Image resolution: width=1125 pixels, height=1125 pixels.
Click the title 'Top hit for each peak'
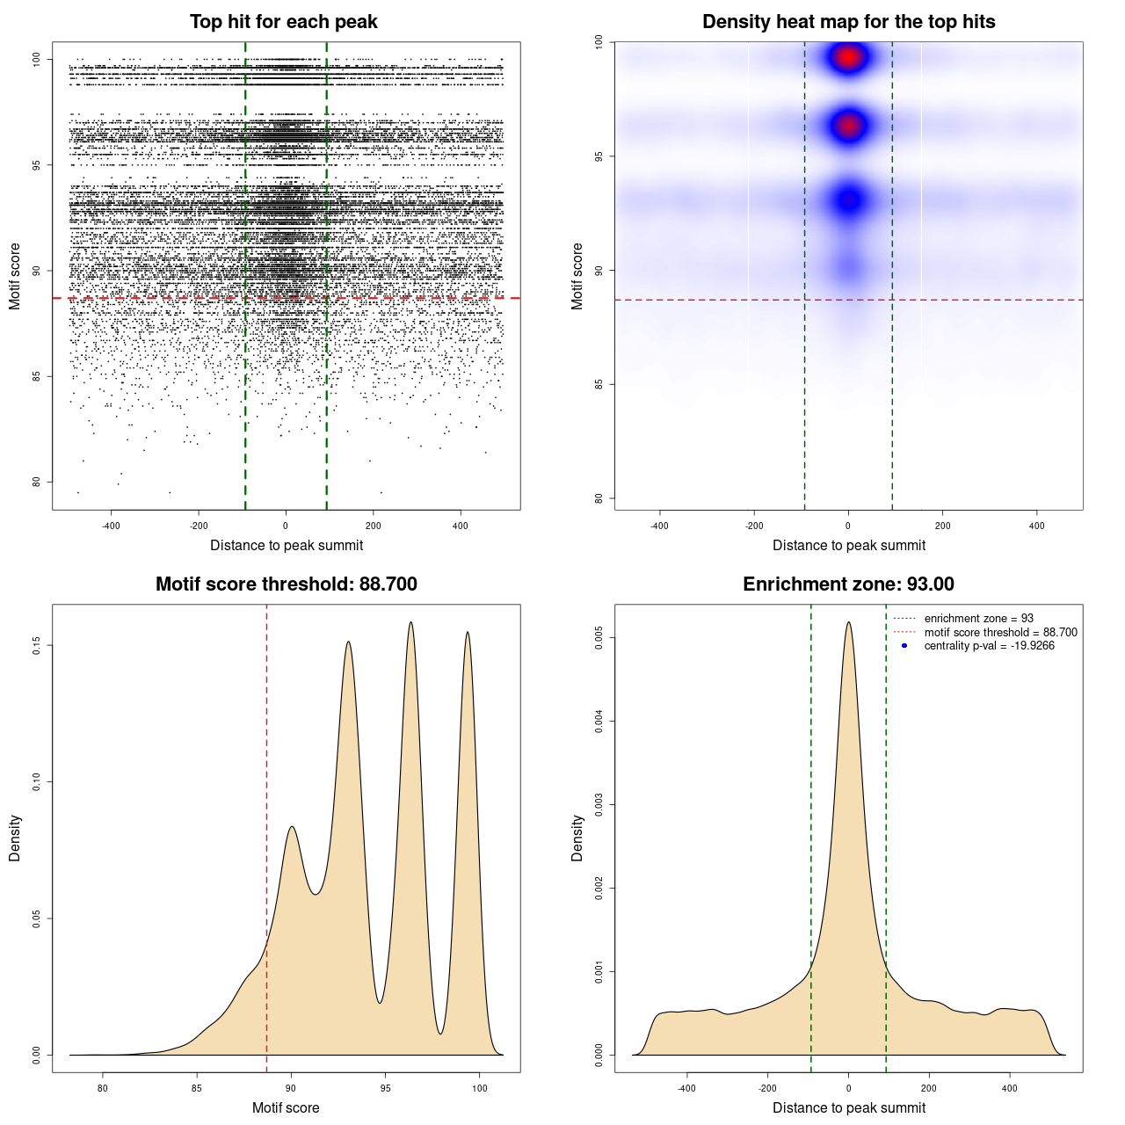point(283,22)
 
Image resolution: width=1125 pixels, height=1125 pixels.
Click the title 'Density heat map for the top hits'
point(848,22)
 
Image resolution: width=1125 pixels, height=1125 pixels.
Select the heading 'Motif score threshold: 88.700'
point(286,584)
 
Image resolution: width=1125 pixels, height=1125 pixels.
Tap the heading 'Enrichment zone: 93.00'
point(848,584)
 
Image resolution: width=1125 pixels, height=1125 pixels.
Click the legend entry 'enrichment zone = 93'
point(978,619)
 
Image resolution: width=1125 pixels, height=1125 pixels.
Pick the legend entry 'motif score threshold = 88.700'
point(1000,632)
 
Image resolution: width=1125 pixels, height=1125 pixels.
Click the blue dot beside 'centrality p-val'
point(904,646)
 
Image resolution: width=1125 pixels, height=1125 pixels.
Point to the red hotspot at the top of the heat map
point(848,58)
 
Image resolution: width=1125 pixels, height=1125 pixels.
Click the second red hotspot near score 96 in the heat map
point(848,127)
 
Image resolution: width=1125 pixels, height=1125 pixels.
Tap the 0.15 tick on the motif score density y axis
point(37,646)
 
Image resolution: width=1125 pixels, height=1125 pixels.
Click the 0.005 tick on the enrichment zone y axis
point(599,638)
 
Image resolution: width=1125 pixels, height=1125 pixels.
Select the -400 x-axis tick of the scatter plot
point(111,526)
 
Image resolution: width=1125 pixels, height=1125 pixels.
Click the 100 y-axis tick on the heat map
point(599,41)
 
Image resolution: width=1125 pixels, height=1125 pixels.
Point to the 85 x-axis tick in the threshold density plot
point(197,1088)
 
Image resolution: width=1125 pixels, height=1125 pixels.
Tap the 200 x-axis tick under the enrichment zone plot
point(929,1088)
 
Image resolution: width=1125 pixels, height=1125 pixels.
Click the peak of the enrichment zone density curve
point(848,623)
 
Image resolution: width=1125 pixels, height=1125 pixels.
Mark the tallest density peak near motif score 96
point(410,623)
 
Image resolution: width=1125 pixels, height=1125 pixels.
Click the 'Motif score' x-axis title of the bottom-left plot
point(286,1107)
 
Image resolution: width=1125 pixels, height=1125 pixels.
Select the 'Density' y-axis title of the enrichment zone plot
point(577,838)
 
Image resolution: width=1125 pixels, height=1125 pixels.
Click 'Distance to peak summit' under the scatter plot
point(287,546)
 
